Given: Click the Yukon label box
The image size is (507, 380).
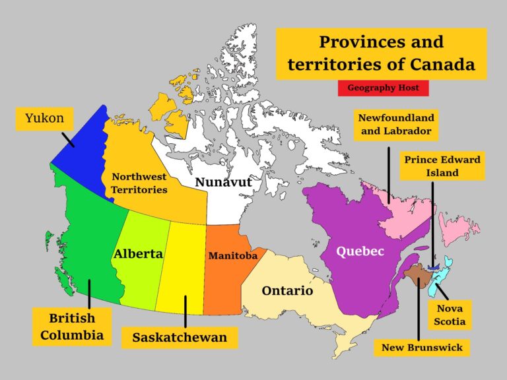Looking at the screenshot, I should (x=44, y=119).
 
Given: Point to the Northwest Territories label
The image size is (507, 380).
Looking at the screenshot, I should (x=139, y=183).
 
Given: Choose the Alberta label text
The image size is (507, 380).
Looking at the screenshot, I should (x=138, y=254).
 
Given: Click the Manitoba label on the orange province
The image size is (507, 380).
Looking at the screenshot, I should (x=232, y=255).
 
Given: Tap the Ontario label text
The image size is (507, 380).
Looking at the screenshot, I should (x=287, y=290).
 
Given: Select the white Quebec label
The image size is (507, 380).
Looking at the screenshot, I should (x=360, y=251).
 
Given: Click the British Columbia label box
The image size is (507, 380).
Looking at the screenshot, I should (x=72, y=327).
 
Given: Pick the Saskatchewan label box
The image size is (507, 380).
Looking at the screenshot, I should (x=180, y=337).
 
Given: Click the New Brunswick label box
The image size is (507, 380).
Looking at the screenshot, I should (x=422, y=347).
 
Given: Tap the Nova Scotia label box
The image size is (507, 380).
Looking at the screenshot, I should (x=449, y=315).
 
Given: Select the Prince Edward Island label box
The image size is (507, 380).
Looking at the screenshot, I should (x=442, y=166).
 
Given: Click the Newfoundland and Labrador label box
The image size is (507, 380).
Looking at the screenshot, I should (x=395, y=125).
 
